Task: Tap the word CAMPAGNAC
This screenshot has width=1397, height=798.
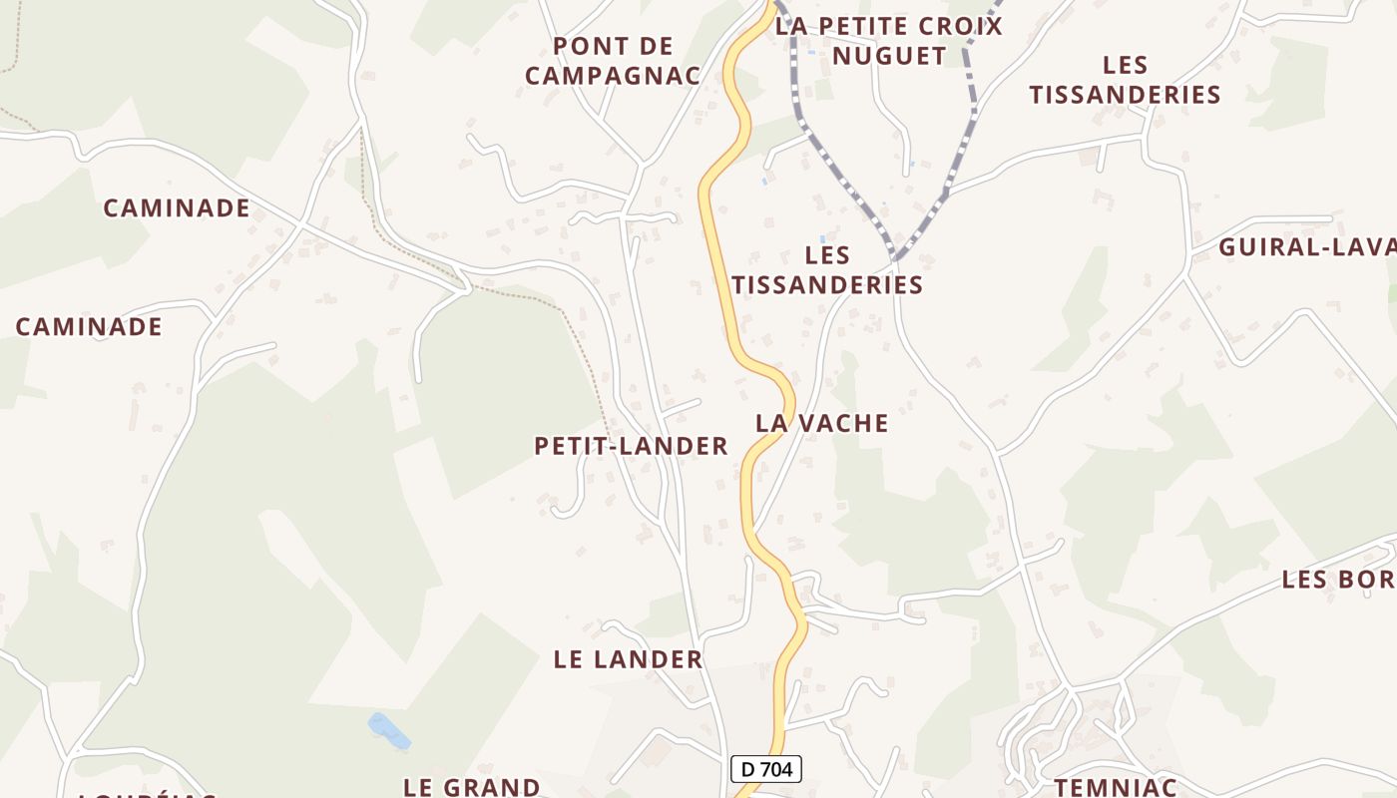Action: point(613,76)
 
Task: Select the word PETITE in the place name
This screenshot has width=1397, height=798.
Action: point(884,26)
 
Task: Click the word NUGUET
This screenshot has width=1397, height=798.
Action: point(889,56)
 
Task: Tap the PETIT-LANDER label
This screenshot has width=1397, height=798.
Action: point(631,446)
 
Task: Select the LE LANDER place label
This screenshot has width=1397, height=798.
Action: point(628,659)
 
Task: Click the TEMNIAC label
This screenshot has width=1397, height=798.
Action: point(1116,787)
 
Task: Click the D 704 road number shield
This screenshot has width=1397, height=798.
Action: point(766,769)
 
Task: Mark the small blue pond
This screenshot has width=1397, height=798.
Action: point(389,730)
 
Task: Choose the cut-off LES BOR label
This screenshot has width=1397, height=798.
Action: point(1338,580)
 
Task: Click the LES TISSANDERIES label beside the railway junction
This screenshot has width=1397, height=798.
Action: point(827,270)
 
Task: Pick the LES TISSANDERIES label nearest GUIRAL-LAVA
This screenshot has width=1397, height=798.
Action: point(1125,80)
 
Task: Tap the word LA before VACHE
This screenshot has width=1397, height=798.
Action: point(770,423)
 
